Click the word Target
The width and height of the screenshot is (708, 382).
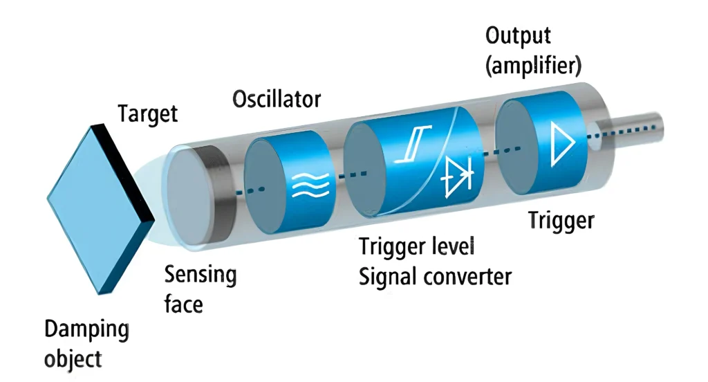click(147, 113)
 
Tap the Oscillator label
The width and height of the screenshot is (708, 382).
click(276, 98)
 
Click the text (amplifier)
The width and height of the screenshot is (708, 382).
click(533, 66)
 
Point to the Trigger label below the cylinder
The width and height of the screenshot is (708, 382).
click(561, 221)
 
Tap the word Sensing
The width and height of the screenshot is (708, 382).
click(200, 275)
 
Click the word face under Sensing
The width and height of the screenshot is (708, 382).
click(183, 304)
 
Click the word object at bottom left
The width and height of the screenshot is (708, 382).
click(73, 360)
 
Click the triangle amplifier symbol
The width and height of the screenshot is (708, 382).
click(561, 141)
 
